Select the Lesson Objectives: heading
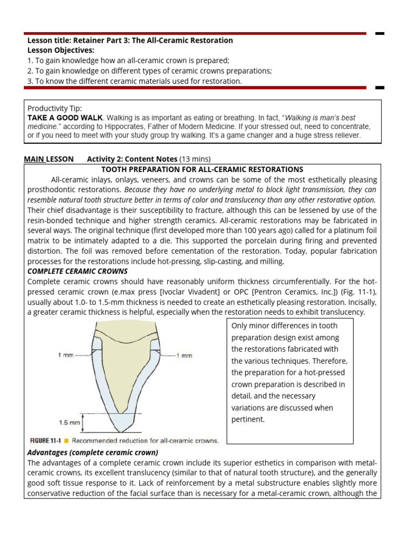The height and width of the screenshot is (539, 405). click(61, 51)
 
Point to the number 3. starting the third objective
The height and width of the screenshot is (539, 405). click(30, 81)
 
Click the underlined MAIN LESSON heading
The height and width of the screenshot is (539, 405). click(49, 159)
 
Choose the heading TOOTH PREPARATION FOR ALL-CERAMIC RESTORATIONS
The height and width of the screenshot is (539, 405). click(202, 169)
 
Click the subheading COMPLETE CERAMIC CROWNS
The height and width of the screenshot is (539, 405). click(77, 272)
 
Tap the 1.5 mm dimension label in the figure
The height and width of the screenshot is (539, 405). click(70, 422)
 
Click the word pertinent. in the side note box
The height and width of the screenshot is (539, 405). click(248, 420)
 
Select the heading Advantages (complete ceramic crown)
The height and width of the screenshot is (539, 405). click(93, 453)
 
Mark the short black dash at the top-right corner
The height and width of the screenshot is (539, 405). click(380, 34)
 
